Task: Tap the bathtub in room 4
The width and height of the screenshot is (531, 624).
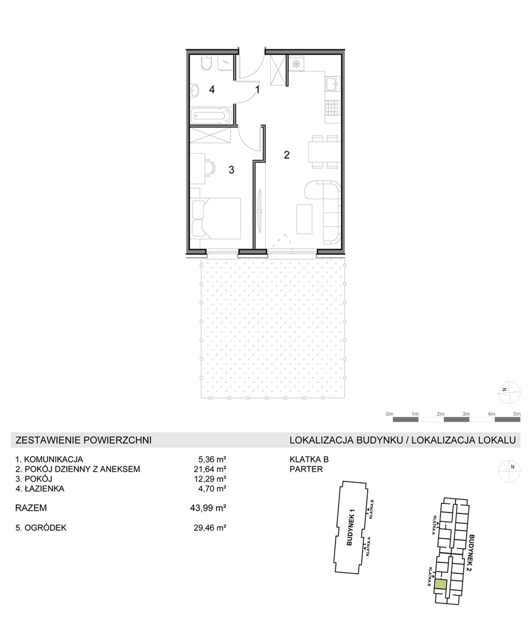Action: coord(211,116)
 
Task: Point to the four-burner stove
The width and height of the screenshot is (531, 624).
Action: coord(332,108)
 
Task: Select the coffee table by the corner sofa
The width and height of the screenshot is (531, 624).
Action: coord(304,219)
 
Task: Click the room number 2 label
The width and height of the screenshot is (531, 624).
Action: coord(287,155)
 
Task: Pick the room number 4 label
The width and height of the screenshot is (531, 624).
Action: coord(212,90)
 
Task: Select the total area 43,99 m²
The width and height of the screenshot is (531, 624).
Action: coord(208,508)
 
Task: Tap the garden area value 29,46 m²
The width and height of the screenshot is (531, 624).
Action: coord(210,528)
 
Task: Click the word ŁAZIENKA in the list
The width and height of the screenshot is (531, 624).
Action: coord(44,488)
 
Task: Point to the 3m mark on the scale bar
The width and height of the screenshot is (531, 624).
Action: coord(466,414)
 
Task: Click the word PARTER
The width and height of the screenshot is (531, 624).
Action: coord(306,469)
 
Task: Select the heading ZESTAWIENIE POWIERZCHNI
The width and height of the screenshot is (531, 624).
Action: coord(84,440)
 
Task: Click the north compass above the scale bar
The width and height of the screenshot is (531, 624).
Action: coord(509,393)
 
